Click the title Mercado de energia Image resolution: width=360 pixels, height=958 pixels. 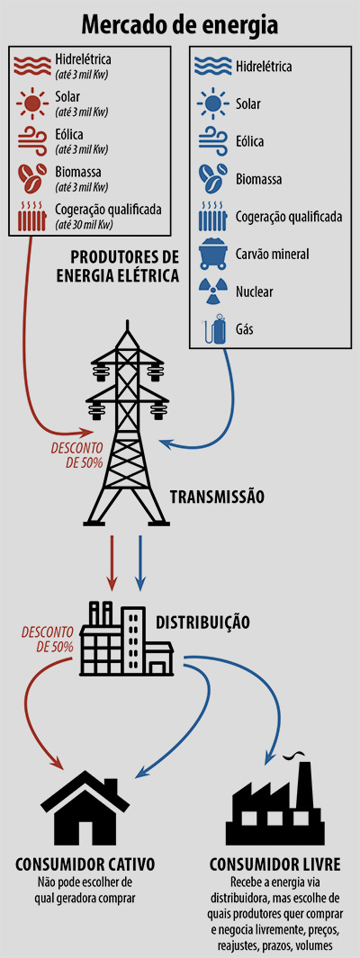[x=180, y=24]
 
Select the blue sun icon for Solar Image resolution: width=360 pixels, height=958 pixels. [x=212, y=103]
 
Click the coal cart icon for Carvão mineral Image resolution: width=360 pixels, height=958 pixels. [x=212, y=255]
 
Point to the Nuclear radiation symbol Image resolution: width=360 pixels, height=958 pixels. [x=212, y=291]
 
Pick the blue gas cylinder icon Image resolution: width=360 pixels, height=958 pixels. [x=212, y=329]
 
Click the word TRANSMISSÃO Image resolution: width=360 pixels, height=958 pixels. [x=217, y=496]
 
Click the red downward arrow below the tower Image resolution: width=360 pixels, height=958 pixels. [x=112, y=560]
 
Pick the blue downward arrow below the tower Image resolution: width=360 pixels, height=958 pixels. [x=139, y=560]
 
